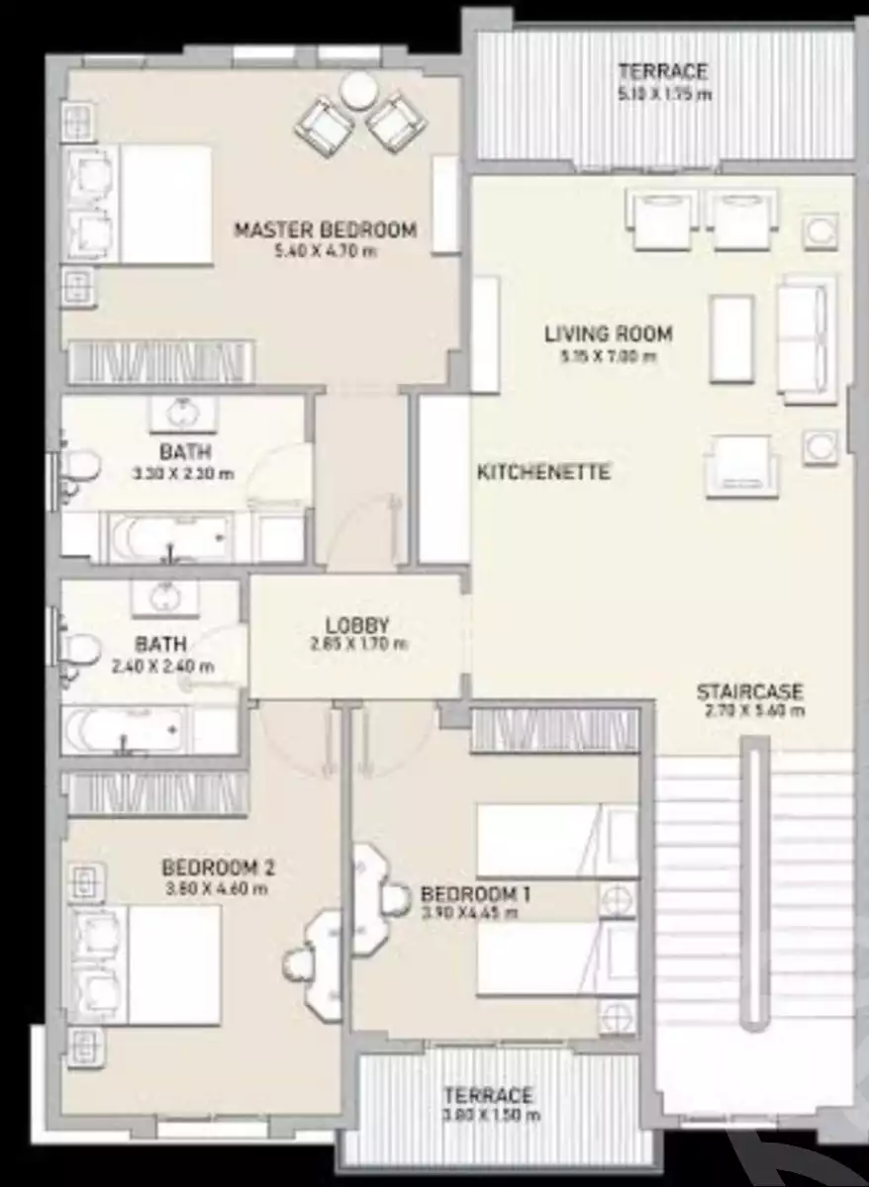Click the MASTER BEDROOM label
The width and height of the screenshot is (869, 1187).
pos(325,230)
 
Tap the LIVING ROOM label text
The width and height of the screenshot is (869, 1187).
pos(608,333)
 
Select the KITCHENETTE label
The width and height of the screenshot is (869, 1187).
pos(543,472)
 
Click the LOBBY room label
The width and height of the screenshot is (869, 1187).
pos(356,625)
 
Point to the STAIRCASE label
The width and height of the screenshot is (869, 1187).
pos(748,691)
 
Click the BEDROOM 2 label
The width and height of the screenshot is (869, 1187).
pos(218,867)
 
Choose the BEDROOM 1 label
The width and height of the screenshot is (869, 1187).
pos(475,893)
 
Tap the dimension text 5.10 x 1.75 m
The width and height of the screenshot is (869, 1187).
pos(664,95)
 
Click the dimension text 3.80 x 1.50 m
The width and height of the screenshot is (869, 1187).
pos(491,1116)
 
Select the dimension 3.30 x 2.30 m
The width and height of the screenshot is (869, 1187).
pos(184,473)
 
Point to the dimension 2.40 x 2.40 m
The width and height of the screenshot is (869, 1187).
pos(162,667)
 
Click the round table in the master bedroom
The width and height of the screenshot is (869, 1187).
pos(357,91)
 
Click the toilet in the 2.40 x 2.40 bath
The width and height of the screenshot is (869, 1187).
pos(77,654)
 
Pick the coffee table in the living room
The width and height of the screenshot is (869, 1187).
pos(731,337)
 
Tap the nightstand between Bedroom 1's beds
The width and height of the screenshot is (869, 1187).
pos(618,901)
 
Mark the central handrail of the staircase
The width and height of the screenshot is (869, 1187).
pos(754,890)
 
